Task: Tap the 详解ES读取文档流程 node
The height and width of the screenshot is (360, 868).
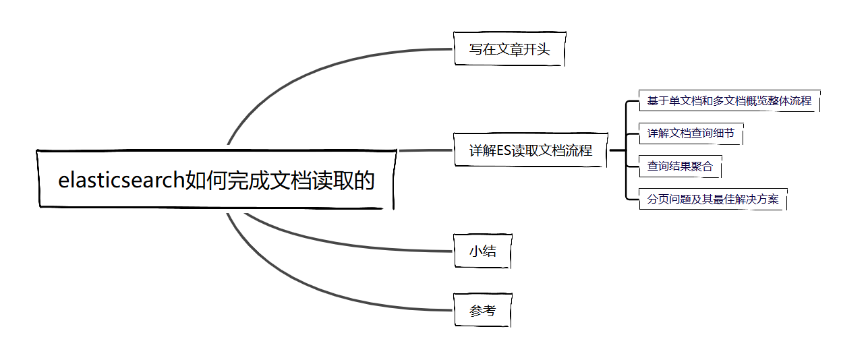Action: tap(531, 150)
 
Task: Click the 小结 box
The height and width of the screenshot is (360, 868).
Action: tap(483, 251)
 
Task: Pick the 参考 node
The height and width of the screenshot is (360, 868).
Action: tap(483, 310)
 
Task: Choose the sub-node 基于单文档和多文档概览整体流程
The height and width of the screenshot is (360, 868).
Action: tap(729, 101)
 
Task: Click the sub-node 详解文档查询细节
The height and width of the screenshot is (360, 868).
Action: tap(691, 133)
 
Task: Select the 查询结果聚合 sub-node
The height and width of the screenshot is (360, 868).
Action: tap(680, 166)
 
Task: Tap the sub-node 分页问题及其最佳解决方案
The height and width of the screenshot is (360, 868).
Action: tap(713, 199)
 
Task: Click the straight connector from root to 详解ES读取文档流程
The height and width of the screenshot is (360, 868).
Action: tap(425, 150)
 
